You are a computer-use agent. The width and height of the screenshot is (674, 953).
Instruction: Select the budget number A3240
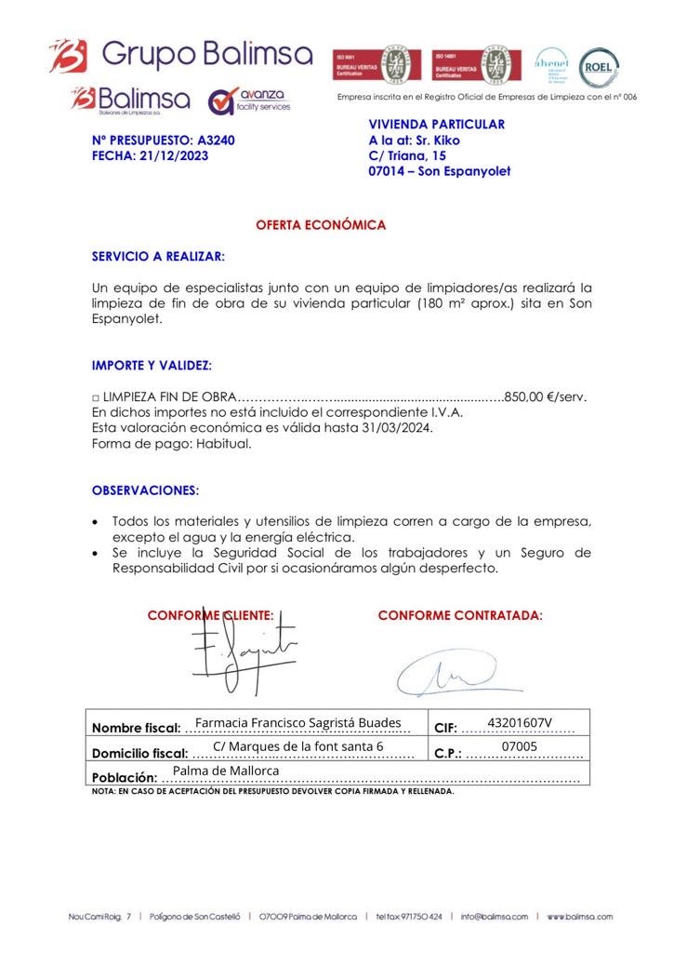point(217,141)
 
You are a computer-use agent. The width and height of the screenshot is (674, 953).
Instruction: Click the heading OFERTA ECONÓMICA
point(321,225)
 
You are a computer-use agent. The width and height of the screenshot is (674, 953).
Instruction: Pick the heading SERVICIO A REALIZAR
point(158,256)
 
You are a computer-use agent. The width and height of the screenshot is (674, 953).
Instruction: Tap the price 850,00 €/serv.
point(545,396)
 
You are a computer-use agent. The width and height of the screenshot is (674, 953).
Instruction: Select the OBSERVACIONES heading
point(145,490)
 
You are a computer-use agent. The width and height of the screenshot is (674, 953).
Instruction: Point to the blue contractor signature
point(447,672)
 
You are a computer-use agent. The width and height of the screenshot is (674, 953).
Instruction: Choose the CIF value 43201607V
point(520,722)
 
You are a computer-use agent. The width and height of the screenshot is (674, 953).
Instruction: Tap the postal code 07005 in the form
point(519,746)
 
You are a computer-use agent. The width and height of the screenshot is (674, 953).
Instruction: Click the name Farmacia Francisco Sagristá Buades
point(297,722)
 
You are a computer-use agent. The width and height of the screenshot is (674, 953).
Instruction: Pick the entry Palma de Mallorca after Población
point(226,771)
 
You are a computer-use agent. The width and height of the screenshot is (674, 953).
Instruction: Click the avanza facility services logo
point(249,100)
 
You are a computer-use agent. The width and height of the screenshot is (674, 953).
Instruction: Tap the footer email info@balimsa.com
point(493,917)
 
